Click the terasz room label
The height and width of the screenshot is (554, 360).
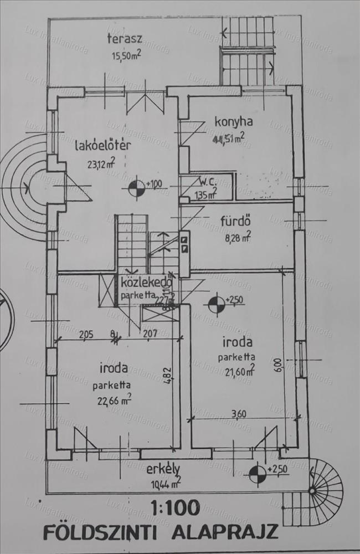125,39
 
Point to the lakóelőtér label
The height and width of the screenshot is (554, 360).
103,146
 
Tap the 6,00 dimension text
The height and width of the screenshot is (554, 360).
277,366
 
